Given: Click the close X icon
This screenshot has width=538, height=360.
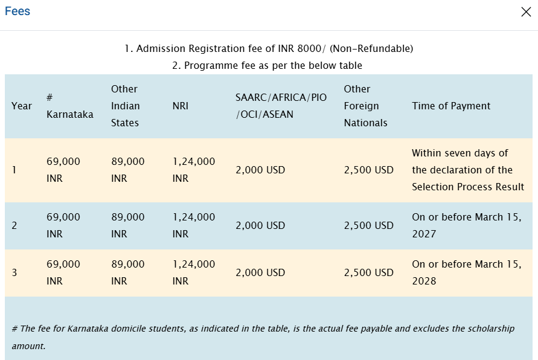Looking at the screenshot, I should tap(526, 12).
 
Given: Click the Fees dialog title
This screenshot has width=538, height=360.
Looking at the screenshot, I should tap(18, 11).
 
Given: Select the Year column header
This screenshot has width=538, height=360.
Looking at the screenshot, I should tap(22, 106).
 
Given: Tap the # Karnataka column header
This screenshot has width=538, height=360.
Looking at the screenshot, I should tap(69, 106).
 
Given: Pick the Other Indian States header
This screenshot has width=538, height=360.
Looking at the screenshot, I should tap(125, 106).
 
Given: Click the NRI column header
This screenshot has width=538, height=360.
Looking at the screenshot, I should tap(180, 106).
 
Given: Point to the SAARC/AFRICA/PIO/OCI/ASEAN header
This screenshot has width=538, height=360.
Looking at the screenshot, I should tap(281, 106).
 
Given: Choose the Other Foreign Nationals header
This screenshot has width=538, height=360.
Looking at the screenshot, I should tap(365, 106).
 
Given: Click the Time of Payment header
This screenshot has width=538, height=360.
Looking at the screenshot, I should tap(451, 106).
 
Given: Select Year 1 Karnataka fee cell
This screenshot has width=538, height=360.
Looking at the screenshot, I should tap(63, 170).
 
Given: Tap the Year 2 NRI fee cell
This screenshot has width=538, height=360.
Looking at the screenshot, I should tap(193, 225).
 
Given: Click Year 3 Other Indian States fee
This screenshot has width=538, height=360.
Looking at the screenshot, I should tap(128, 272).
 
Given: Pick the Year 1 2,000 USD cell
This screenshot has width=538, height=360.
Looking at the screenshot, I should tap(260, 170).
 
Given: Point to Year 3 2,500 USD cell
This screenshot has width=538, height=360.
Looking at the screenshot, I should tap(368, 272).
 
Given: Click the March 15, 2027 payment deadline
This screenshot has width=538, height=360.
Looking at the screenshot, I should tap(467, 225).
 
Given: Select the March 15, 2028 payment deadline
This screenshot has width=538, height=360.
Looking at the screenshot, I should tap(467, 272).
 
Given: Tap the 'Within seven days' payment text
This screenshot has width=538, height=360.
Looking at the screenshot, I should tap(460, 153).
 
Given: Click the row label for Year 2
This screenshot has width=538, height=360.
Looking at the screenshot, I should tap(14, 225).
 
